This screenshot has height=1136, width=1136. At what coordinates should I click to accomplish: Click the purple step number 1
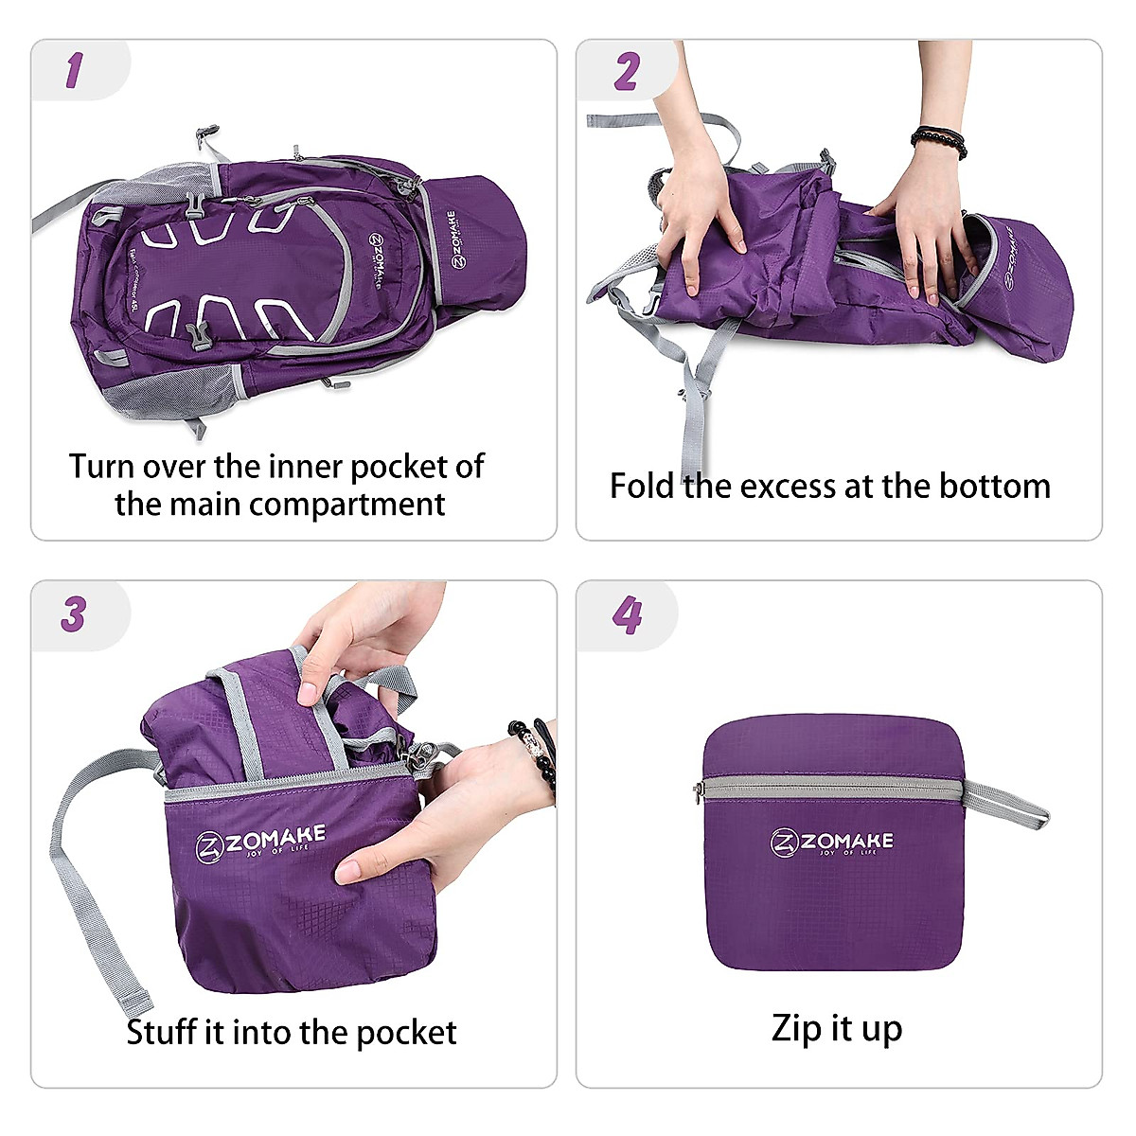[x=74, y=71]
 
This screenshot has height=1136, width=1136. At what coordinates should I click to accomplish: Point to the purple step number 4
[x=627, y=615]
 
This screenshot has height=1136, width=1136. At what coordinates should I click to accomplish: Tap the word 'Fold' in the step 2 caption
[x=642, y=486]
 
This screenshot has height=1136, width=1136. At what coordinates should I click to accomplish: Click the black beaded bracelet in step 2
[x=939, y=141]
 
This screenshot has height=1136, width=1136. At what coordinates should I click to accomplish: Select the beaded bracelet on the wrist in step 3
[x=535, y=754]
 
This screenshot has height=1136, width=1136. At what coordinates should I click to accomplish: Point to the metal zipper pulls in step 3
[x=423, y=755]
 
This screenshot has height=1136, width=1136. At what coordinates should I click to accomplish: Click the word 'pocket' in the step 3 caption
[x=408, y=1031]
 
